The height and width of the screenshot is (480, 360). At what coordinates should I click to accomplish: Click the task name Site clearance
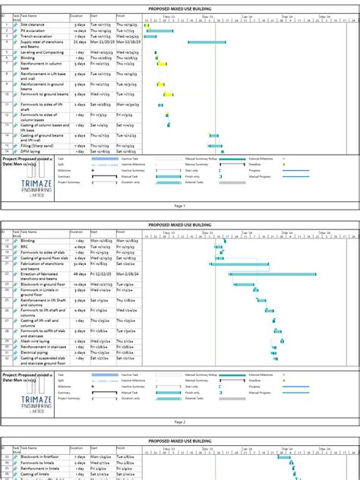(x=33, y=24)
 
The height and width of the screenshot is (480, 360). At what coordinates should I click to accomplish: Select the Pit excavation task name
(x=33, y=30)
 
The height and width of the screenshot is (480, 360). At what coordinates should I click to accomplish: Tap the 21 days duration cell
(x=79, y=42)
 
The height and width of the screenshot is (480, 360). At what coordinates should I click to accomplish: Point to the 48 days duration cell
(x=79, y=273)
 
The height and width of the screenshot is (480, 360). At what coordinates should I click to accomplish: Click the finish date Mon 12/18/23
(x=127, y=42)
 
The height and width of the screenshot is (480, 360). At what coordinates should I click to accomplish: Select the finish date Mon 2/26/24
(x=127, y=273)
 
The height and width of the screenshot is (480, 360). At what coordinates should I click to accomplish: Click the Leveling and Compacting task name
(x=42, y=52)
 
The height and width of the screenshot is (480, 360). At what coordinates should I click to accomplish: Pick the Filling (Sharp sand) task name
(x=37, y=145)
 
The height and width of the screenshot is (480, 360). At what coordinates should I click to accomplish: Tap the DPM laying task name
(x=31, y=151)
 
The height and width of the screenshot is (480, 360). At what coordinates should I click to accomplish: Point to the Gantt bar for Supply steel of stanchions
(x=206, y=42)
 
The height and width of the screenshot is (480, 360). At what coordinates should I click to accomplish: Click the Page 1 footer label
(x=179, y=206)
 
